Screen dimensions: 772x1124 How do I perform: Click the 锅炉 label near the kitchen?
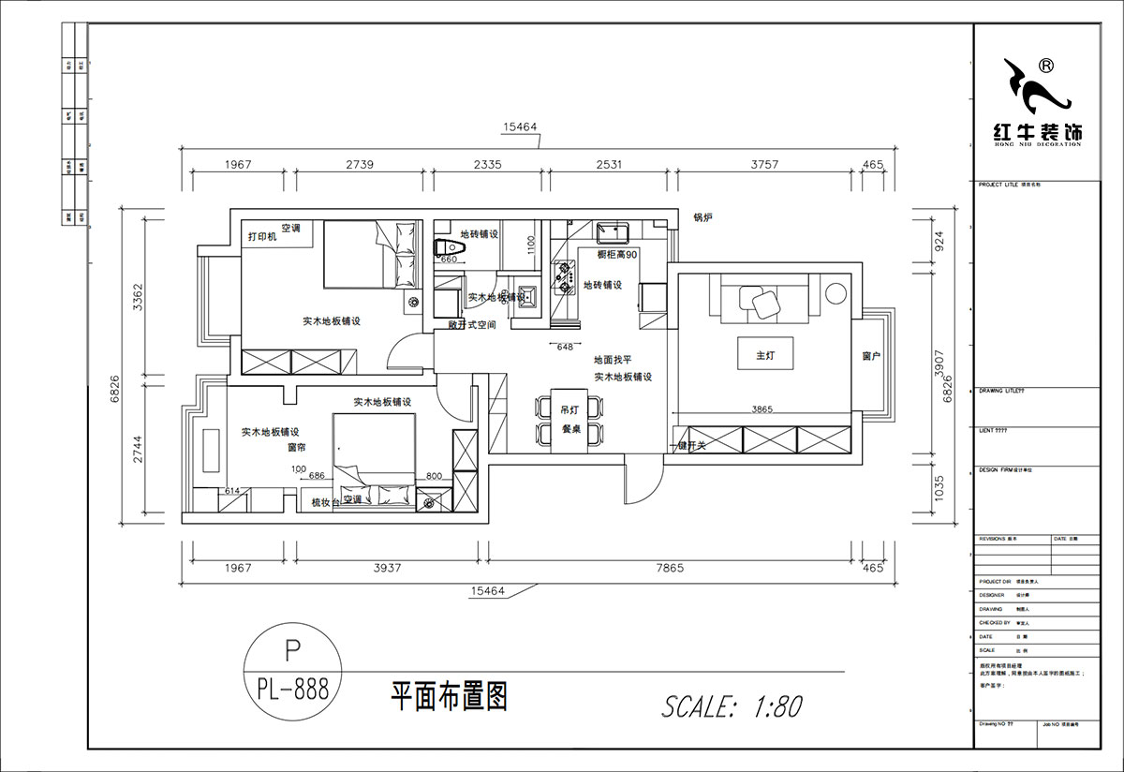pyautogui.click(x=703, y=217)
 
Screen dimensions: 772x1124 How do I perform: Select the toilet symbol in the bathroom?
pyautogui.click(x=442, y=248)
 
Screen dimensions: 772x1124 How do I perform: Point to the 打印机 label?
pyautogui.click(x=262, y=237)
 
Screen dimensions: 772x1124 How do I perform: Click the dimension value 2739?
pyautogui.click(x=360, y=164)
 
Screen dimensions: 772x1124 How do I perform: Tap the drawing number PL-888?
pyautogui.click(x=291, y=690)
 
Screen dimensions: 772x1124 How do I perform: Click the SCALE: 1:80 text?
pyautogui.click(x=732, y=705)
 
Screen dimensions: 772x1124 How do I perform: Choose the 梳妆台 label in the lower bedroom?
pyautogui.click(x=325, y=503)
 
